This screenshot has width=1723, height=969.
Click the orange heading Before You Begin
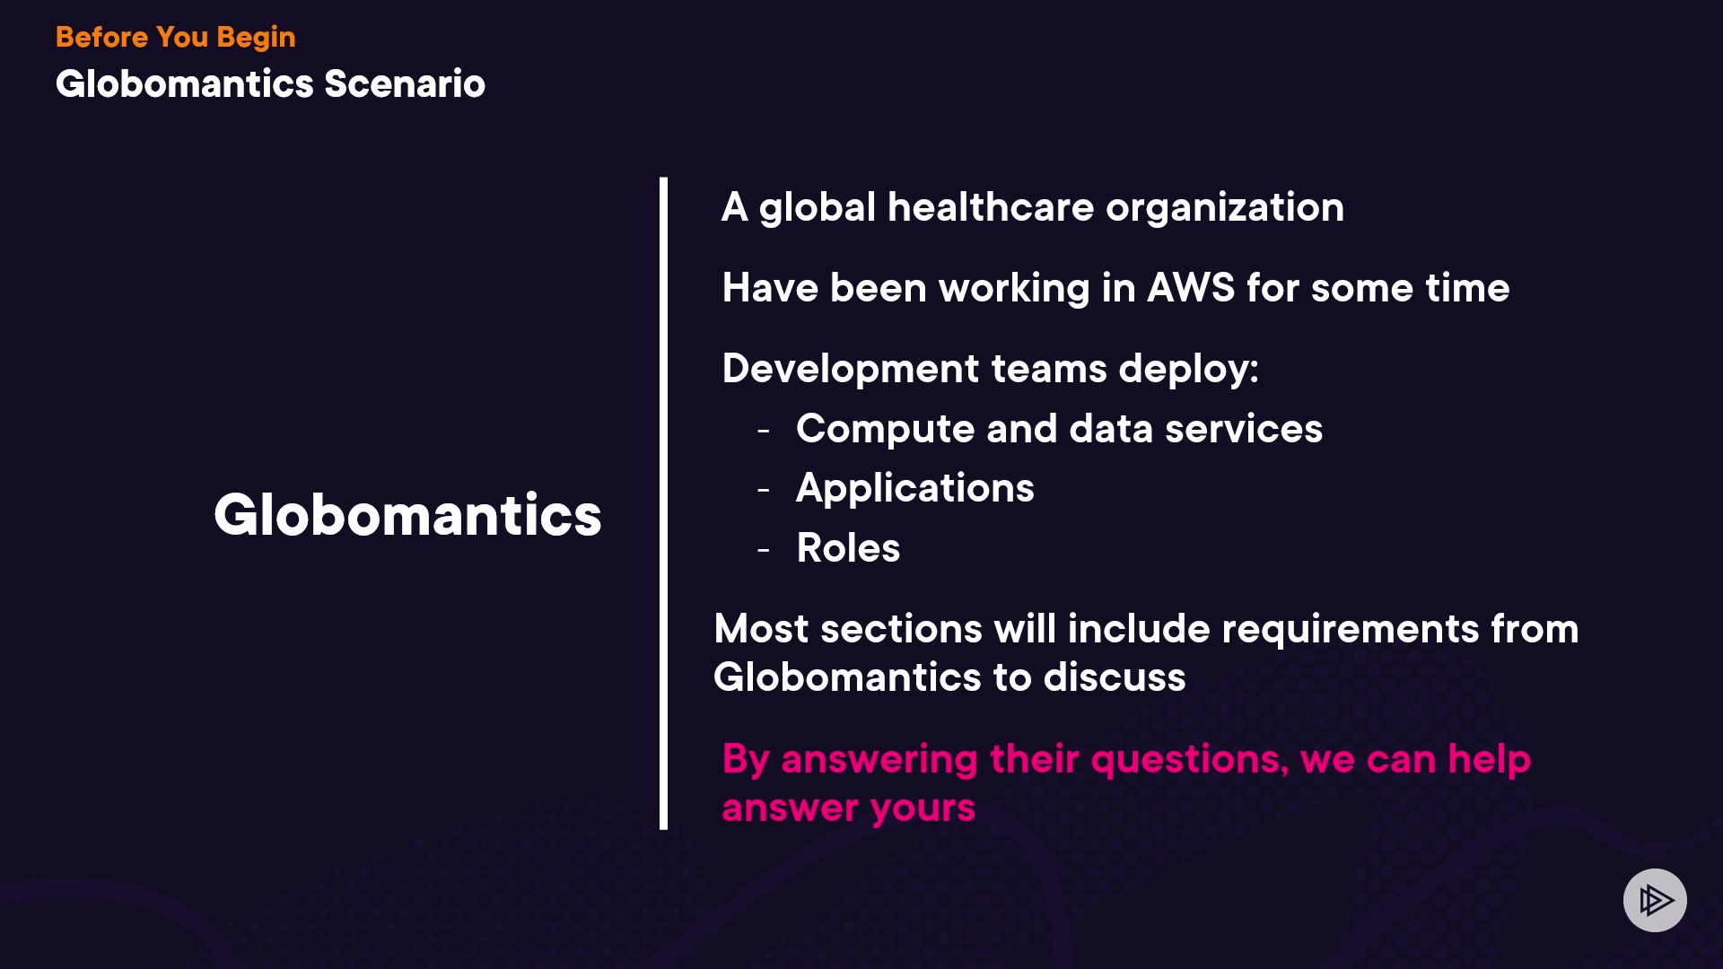175,38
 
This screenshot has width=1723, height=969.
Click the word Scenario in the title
405,83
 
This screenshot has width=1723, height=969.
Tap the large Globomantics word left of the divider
407,515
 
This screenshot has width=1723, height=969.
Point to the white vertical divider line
663,503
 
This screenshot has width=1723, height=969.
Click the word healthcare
991,207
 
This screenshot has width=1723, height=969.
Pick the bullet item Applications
915,489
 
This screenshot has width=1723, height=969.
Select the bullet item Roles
848,548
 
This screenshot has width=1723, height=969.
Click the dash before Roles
764,549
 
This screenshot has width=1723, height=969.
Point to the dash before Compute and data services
764,431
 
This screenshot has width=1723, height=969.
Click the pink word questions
1190,760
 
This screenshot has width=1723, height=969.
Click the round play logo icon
1655,900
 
